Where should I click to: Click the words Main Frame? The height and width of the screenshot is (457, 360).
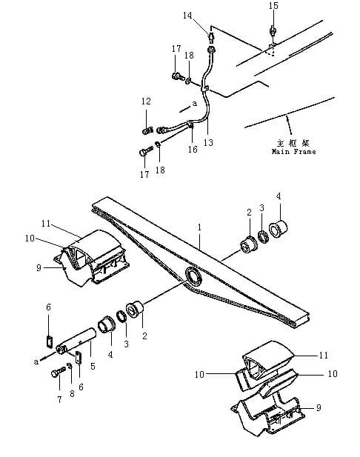(x=293, y=152)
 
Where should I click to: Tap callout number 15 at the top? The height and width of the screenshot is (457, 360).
(x=273, y=5)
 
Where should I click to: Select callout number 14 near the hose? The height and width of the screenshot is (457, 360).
(x=187, y=15)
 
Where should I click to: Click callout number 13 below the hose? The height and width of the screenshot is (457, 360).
(x=208, y=142)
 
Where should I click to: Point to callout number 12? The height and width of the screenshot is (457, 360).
(x=146, y=101)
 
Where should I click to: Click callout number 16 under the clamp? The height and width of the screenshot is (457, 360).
(x=193, y=149)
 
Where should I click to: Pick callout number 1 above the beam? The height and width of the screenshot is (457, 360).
(x=199, y=227)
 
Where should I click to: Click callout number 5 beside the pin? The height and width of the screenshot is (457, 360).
(x=93, y=366)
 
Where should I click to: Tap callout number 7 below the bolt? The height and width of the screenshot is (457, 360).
(x=59, y=399)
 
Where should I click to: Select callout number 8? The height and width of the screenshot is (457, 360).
(x=72, y=394)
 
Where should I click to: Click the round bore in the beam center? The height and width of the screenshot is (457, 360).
(x=193, y=276)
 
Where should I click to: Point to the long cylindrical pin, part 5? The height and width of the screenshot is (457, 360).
(x=76, y=339)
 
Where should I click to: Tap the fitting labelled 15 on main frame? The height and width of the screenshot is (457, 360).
(x=273, y=30)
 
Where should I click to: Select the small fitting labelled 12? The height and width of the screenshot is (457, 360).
(x=147, y=130)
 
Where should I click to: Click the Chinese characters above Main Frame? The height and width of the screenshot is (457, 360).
(x=293, y=143)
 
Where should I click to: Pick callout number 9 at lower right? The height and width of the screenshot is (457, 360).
(x=319, y=407)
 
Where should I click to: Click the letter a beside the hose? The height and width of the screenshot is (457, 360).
(x=195, y=104)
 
